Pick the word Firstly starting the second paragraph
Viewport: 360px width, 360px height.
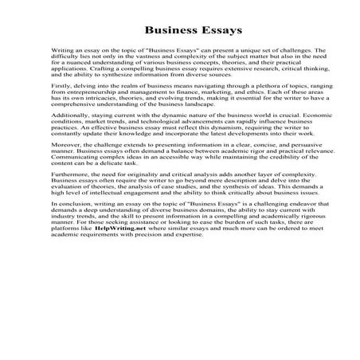(x=61, y=98)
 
